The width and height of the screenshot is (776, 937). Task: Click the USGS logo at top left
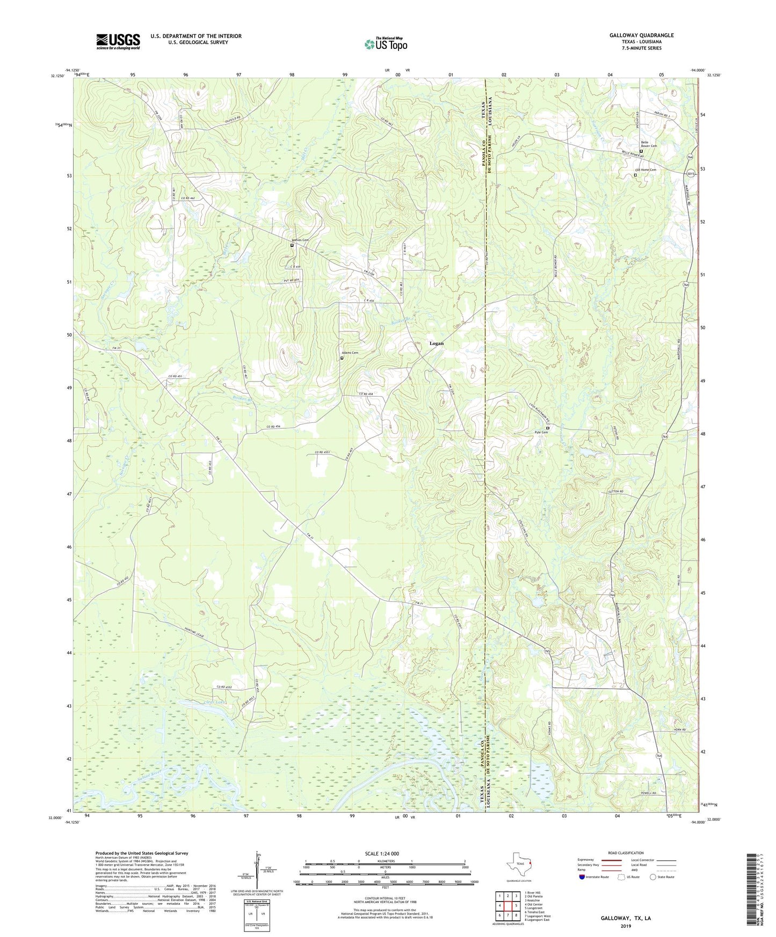click(118, 41)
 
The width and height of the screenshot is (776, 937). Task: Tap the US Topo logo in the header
click(385, 44)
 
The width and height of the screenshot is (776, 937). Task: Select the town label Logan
click(436, 343)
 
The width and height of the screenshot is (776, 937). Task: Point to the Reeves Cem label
click(300, 240)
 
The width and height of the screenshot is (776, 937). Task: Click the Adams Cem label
click(350, 353)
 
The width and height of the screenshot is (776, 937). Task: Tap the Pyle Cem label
click(541, 432)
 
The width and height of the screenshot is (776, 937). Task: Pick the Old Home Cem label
click(646, 170)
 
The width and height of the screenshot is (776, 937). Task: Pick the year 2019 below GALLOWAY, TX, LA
click(625, 926)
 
